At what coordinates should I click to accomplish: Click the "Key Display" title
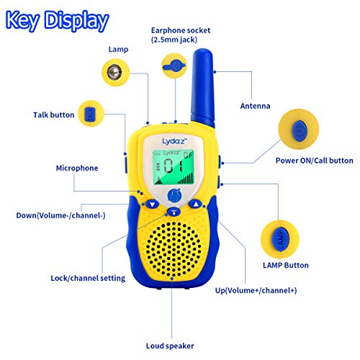pos(57,21)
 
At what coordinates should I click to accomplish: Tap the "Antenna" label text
pos(255,106)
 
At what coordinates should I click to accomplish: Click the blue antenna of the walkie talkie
pos(202,88)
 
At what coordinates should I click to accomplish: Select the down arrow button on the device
pos(153,204)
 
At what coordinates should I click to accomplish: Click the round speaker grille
pos(174,248)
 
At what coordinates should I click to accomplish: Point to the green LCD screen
pos(174,167)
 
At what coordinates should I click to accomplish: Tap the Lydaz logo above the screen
pos(174,141)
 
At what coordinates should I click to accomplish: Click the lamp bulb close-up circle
pos(115,72)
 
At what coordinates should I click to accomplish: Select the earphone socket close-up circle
pos(174,66)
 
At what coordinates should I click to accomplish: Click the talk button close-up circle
pos(91,114)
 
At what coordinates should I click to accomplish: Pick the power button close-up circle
pos(299,129)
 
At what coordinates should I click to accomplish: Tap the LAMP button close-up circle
pos(280,239)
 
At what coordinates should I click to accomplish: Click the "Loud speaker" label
pos(170,346)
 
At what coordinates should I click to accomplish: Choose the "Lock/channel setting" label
pos(88,278)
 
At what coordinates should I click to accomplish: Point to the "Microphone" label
pos(77,168)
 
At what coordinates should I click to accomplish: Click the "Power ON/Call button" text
pos(315,161)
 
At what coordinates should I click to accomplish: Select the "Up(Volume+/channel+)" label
pos(256,290)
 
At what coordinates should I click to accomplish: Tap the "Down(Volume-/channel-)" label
pos(60,215)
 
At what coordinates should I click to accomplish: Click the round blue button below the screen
pos(174,195)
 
